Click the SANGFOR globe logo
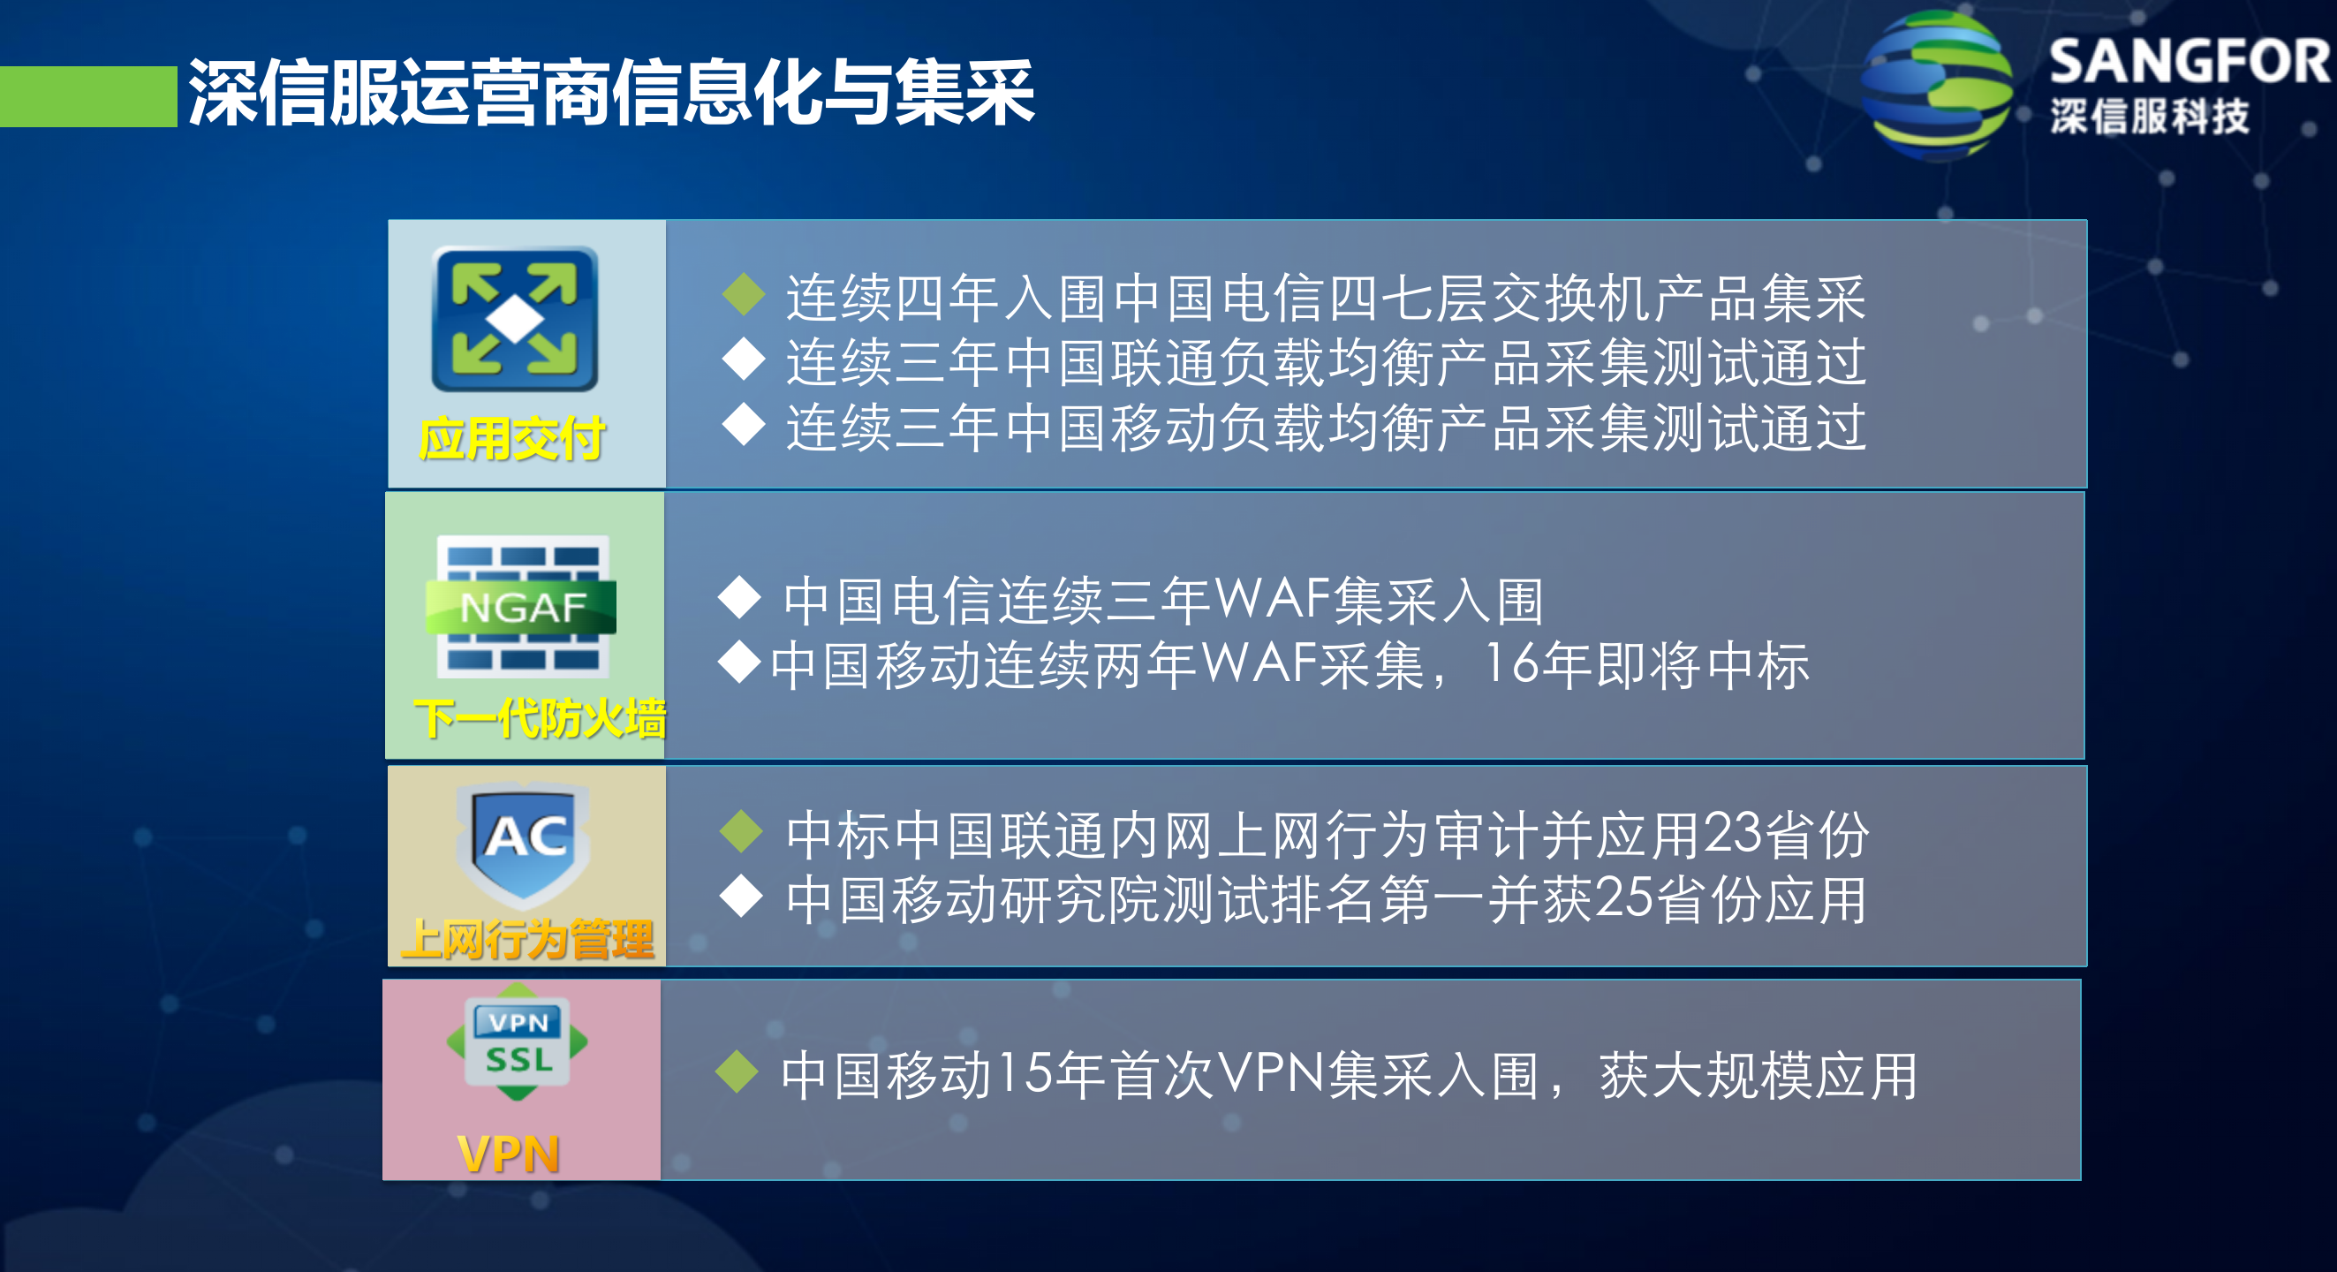pyautogui.click(x=1936, y=87)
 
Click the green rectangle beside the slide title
pyautogui.click(x=88, y=96)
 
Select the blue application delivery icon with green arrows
pyautogui.click(x=514, y=320)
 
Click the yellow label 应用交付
pyautogui.click(x=511, y=439)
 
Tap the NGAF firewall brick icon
pyautogui.click(x=522, y=606)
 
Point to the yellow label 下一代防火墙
pyautogui.click(x=539, y=718)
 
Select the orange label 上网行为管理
pyautogui.click(x=527, y=939)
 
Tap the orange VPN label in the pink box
pyautogui.click(x=508, y=1154)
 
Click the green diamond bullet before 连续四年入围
pyautogui.click(x=744, y=295)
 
